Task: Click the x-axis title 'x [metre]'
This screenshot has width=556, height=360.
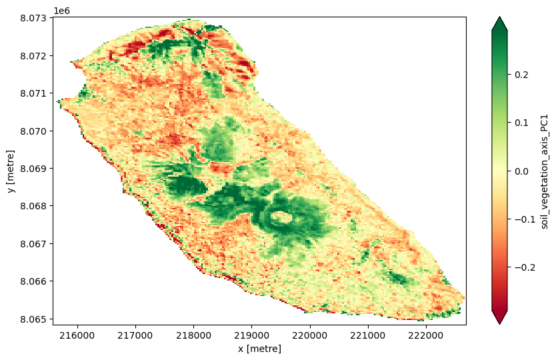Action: coord(259,349)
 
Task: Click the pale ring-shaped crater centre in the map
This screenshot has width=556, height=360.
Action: coord(281,217)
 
